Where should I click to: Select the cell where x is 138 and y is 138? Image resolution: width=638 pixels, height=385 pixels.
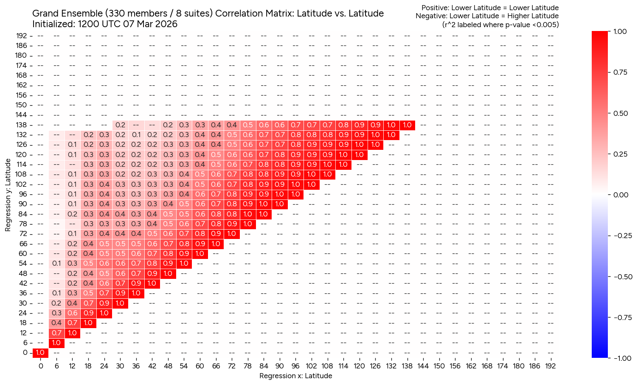click(407, 125)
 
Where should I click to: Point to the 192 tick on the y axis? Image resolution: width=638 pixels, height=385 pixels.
click(22, 36)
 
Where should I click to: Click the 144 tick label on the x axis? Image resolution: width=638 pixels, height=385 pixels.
click(423, 365)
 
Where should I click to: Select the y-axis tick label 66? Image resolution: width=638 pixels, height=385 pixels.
click(23, 244)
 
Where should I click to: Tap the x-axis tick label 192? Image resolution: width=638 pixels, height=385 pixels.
click(550, 365)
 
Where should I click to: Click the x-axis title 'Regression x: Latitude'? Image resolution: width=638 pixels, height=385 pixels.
click(295, 376)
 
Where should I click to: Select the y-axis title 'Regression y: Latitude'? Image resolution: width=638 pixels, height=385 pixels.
click(8, 195)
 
